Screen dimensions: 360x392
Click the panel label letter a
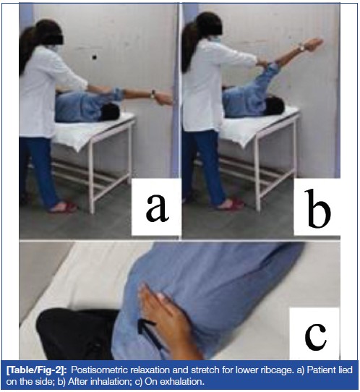(x=157, y=208)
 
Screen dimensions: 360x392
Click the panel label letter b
(x=319, y=208)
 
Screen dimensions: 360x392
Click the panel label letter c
(x=315, y=336)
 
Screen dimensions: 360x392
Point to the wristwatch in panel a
(x=153, y=95)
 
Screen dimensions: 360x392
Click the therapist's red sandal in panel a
(x=63, y=207)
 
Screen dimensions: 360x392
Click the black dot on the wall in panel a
(x=95, y=57)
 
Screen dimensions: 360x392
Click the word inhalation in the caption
(x=111, y=382)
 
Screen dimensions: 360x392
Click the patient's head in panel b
(x=274, y=106)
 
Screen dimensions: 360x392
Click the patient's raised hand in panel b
(x=314, y=43)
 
